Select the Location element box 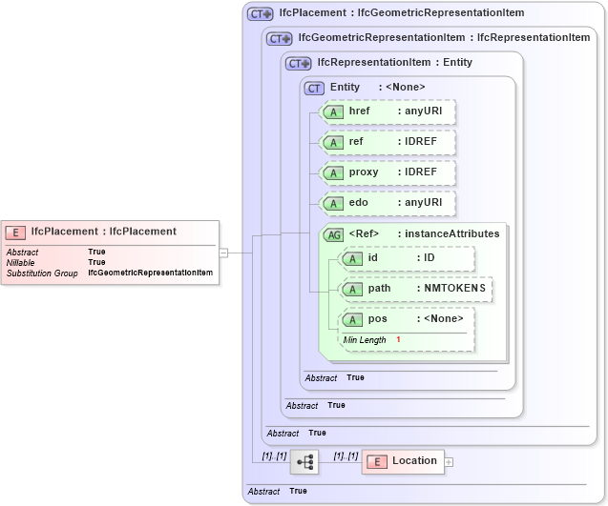tap(402, 461)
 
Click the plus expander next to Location tap(449, 462)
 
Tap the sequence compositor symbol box tap(304, 462)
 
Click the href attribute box tap(388, 112)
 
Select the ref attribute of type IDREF tap(388, 142)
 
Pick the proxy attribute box tap(388, 172)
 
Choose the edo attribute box tap(388, 203)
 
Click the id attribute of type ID tap(407, 258)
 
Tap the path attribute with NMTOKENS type tap(416, 289)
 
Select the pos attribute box tap(407, 319)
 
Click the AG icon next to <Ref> tap(334, 234)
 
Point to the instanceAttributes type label tap(451, 234)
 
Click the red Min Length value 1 tap(398, 340)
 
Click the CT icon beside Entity tap(314, 88)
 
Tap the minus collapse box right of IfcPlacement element tap(223, 253)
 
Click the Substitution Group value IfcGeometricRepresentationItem tap(150, 273)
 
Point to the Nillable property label tap(20, 263)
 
